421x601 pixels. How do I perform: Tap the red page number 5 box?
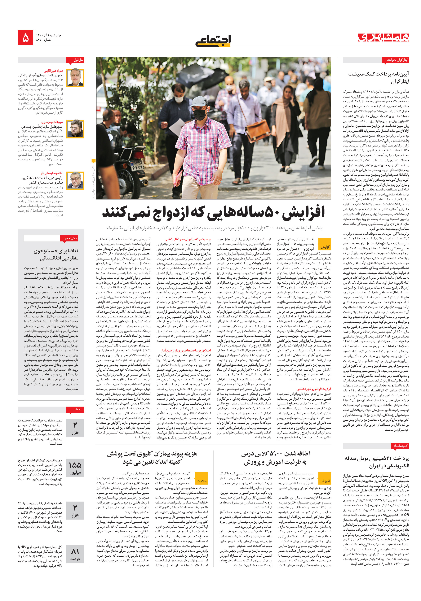tap(25, 38)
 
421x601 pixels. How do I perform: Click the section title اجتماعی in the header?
tap(213, 41)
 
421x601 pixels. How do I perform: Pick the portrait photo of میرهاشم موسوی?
tap(75, 129)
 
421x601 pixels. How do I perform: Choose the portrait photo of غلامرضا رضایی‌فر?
tap(75, 180)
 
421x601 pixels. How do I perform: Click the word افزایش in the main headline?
tap(305, 212)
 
